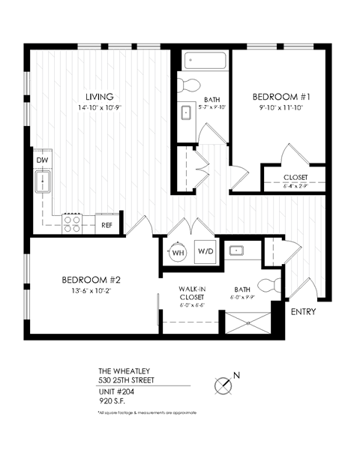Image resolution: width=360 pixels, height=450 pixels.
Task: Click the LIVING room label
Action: [x=99, y=97]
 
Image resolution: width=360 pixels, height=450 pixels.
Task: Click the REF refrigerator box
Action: [x=106, y=223]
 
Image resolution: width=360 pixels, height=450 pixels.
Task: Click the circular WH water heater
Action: [x=177, y=252]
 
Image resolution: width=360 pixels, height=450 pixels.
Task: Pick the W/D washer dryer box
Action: [x=205, y=252]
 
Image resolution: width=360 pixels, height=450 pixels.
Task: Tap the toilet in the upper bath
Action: [x=190, y=84]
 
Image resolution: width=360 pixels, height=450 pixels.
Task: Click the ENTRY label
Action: [x=304, y=312]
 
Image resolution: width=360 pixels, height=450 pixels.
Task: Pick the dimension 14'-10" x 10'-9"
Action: [x=99, y=108]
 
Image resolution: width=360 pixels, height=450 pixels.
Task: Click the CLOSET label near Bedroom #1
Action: [x=295, y=178]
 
